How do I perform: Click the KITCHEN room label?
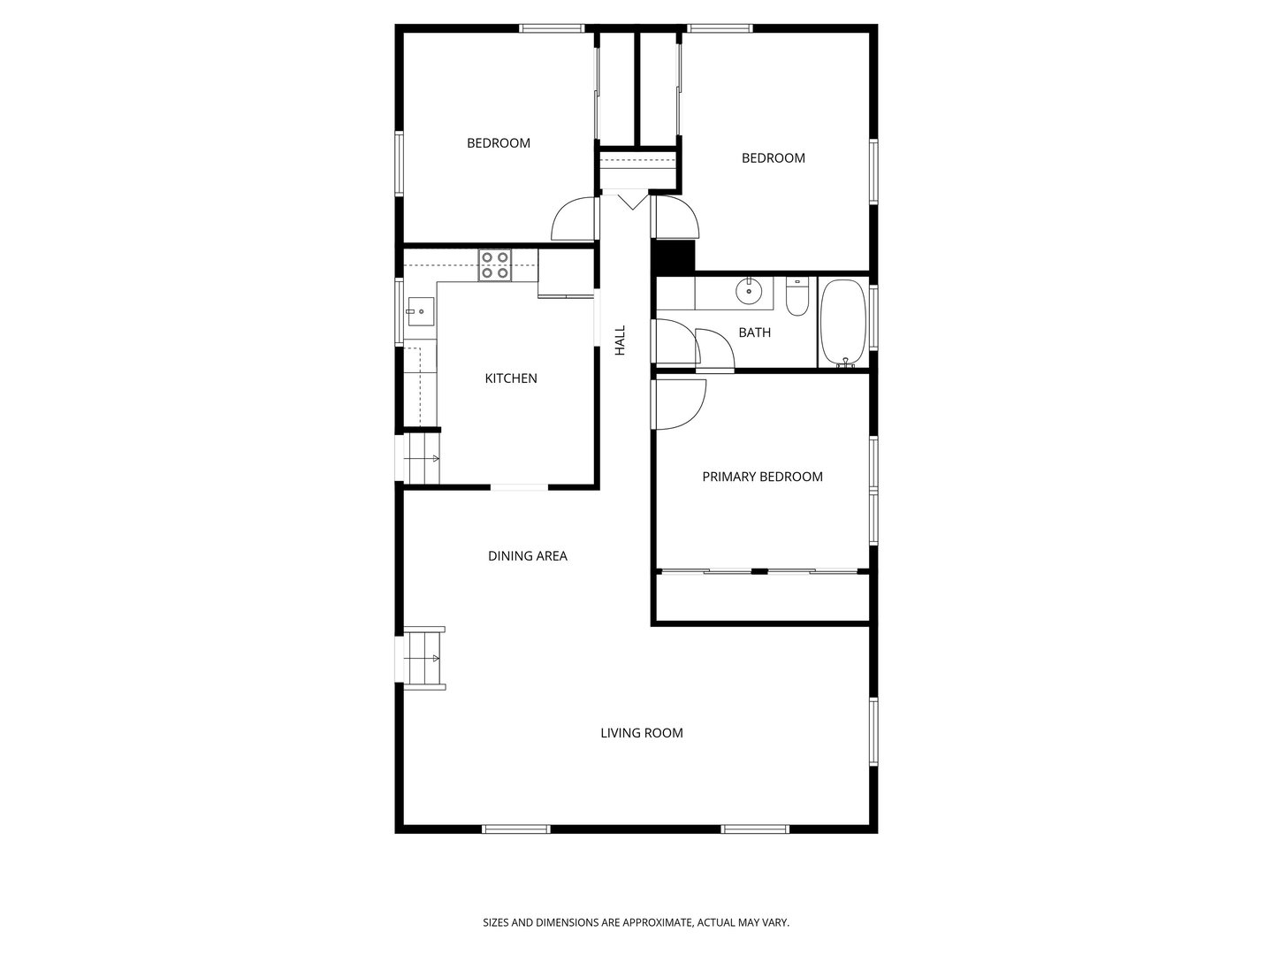[510, 378]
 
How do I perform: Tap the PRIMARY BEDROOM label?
[762, 477]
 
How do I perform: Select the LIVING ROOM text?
[642, 733]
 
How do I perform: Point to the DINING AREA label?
[527, 556]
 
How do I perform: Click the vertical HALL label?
[620, 340]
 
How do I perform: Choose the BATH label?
[755, 332]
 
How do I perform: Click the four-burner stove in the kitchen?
[495, 265]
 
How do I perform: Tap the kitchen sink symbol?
[421, 311]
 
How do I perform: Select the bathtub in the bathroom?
[844, 323]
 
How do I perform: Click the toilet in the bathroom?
[797, 297]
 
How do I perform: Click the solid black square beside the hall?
[672, 256]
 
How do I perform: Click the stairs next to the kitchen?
[422, 458]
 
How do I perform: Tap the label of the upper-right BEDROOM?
[773, 158]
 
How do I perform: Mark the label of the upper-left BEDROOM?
[499, 143]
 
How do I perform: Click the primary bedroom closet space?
[762, 598]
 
